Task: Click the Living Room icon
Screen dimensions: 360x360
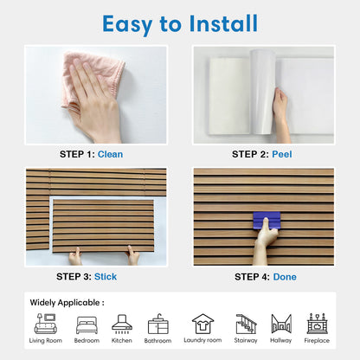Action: click(45, 324)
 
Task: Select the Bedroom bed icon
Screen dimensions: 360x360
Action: click(87, 325)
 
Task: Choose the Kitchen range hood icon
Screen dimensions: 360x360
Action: click(122, 324)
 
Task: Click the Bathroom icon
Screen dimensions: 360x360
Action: click(157, 325)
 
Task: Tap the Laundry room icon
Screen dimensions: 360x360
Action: click(202, 324)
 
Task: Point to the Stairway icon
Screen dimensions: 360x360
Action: click(247, 324)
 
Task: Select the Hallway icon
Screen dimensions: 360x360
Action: click(281, 324)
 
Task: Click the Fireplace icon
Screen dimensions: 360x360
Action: click(318, 324)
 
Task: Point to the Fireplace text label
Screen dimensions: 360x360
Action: click(318, 341)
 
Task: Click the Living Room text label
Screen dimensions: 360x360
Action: click(45, 341)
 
